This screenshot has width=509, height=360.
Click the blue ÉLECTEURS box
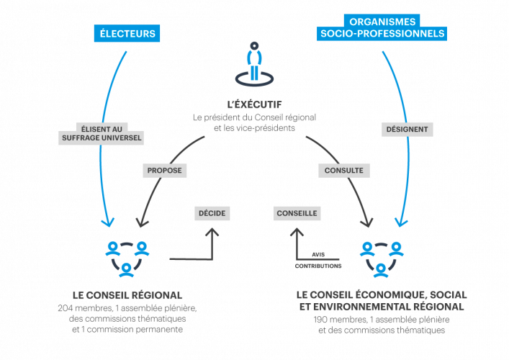126,33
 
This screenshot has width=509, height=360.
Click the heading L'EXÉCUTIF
254,105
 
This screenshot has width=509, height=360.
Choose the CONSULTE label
344,171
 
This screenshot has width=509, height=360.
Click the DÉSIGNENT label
407,130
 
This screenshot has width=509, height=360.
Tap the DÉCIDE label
212,213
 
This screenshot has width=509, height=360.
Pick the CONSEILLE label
297,213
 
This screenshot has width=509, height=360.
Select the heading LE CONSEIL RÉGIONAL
127,295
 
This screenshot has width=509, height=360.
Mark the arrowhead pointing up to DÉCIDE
212,233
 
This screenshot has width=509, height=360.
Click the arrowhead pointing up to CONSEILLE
297,233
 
